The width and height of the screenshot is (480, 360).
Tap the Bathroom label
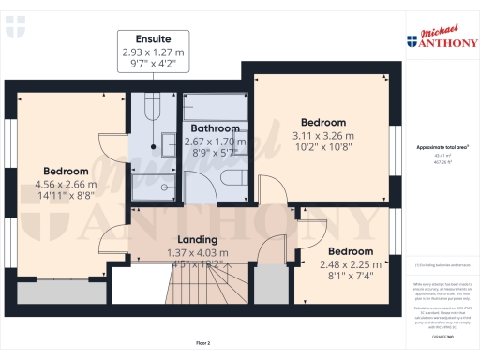tap(217, 127)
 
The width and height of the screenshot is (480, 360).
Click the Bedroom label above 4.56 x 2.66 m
tap(66, 171)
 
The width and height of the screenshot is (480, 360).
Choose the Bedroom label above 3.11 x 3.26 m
tap(323, 122)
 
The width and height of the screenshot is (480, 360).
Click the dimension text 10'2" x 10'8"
tap(323, 147)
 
